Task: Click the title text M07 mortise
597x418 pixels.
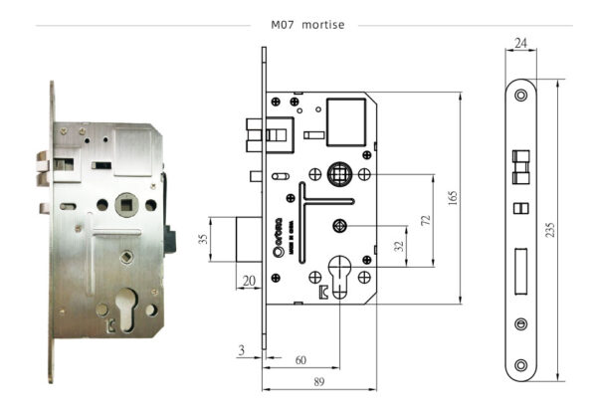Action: [x=307, y=25]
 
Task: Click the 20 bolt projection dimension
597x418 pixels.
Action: [x=247, y=281]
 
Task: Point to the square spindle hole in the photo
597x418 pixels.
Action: [x=125, y=205]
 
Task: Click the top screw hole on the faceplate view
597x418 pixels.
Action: [x=520, y=95]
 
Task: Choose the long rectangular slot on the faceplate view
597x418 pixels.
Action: [x=520, y=269]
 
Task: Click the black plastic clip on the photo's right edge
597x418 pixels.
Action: [x=171, y=241]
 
